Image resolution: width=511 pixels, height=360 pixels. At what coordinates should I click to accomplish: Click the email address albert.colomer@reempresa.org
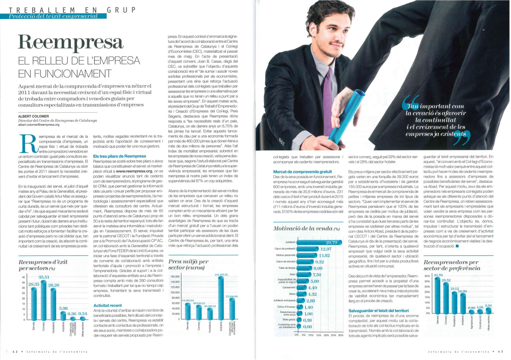pyautogui.click(x=38, y=124)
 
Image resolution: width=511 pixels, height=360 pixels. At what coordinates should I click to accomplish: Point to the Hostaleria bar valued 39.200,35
pyautogui.click(x=209, y=313)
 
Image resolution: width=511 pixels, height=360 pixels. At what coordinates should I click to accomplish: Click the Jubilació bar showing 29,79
pyautogui.click(x=317, y=243)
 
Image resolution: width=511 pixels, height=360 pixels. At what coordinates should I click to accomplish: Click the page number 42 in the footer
pyautogui.click(x=15, y=351)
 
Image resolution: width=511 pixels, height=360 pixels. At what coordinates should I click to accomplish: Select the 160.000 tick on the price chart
pyautogui.click(x=175, y=277)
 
